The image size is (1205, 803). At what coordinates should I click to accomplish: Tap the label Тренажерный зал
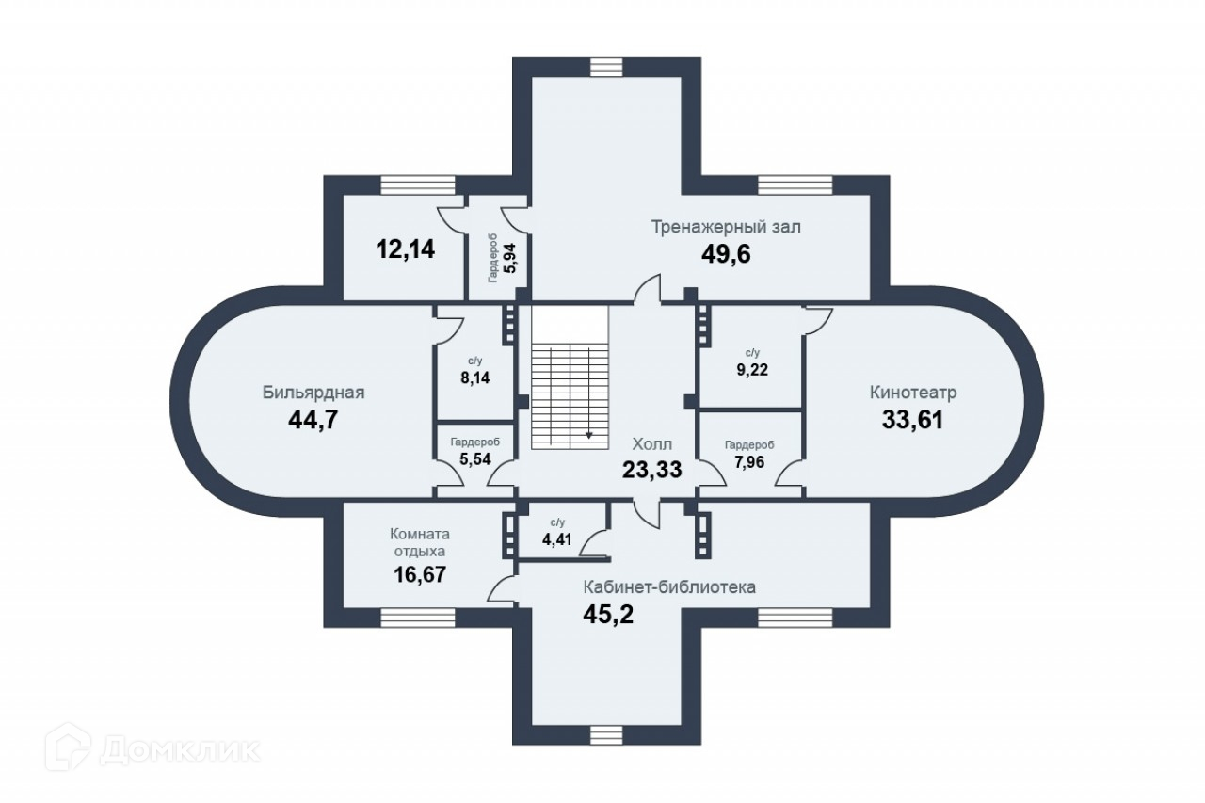point(727,227)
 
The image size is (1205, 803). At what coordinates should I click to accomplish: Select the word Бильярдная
point(313,393)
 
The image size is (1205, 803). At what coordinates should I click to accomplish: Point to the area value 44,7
point(313,419)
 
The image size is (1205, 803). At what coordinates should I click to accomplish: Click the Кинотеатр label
point(913,392)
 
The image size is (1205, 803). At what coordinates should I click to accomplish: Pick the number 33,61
point(912,419)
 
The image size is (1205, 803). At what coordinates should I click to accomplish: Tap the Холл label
point(651,443)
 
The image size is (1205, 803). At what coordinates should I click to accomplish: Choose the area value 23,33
point(651,469)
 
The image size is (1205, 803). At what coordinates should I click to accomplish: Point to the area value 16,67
point(420,572)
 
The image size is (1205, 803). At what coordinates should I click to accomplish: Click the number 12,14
point(405,249)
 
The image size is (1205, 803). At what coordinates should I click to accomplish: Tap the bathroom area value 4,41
point(556,540)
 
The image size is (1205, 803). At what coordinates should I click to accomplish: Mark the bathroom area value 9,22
point(752,370)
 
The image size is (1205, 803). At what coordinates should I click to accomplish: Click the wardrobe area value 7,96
point(749,462)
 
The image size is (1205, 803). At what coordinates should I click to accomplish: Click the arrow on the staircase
point(589,435)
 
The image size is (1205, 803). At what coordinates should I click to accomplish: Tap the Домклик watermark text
point(179,750)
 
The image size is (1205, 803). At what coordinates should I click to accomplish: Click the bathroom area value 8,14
point(474,377)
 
